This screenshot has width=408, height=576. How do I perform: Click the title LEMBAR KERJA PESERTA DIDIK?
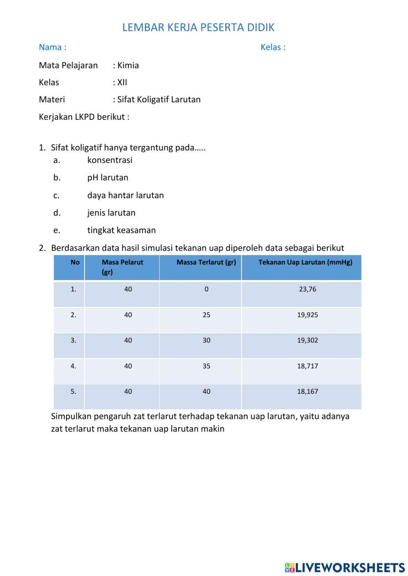(198, 27)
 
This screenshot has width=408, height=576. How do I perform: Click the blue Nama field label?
(52, 47)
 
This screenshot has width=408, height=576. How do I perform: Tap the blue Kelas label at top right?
(273, 47)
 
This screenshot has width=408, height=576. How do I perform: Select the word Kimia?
(128, 65)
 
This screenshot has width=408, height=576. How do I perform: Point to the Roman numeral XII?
(122, 82)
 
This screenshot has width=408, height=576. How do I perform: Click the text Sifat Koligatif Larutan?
(159, 99)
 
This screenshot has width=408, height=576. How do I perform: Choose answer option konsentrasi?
(110, 160)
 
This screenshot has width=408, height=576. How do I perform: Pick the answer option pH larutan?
(108, 178)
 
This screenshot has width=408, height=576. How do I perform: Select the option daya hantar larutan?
(125, 195)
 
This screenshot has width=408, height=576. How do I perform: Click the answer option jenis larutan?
(111, 213)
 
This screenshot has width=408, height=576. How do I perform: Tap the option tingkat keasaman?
(121, 230)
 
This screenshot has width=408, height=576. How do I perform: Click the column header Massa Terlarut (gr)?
(206, 263)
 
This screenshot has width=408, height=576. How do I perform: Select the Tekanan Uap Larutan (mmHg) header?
(305, 263)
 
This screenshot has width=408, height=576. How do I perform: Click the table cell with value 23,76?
(307, 289)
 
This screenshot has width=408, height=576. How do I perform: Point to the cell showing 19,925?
(307, 315)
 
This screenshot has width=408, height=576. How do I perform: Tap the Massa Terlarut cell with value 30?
(206, 340)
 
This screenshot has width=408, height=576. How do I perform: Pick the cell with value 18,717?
(307, 366)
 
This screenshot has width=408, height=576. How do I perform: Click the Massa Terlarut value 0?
(206, 289)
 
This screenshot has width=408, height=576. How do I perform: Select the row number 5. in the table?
(73, 392)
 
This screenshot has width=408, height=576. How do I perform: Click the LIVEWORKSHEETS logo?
(345, 567)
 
